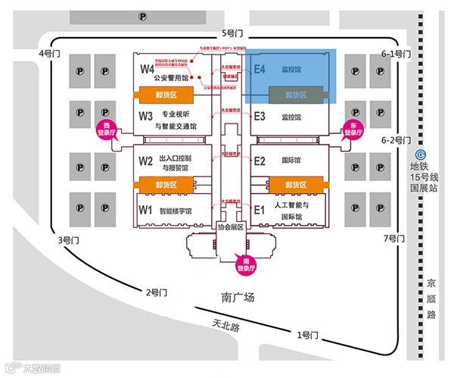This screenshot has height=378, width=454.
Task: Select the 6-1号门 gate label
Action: pos(396,54)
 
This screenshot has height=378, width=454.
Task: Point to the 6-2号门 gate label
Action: pos(396,140)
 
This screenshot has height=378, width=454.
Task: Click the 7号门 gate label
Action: pos(395,239)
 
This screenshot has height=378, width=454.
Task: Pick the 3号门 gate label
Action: pos(69,240)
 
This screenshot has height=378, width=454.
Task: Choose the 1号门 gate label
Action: pos(308,335)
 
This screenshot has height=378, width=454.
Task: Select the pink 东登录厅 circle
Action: pos(352,129)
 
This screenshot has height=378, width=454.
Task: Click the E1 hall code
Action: pos(259,209)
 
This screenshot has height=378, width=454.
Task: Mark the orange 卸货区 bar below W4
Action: pos(165,94)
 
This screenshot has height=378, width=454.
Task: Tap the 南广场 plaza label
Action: pos(238,298)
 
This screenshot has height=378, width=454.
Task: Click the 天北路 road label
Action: pos(225,326)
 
